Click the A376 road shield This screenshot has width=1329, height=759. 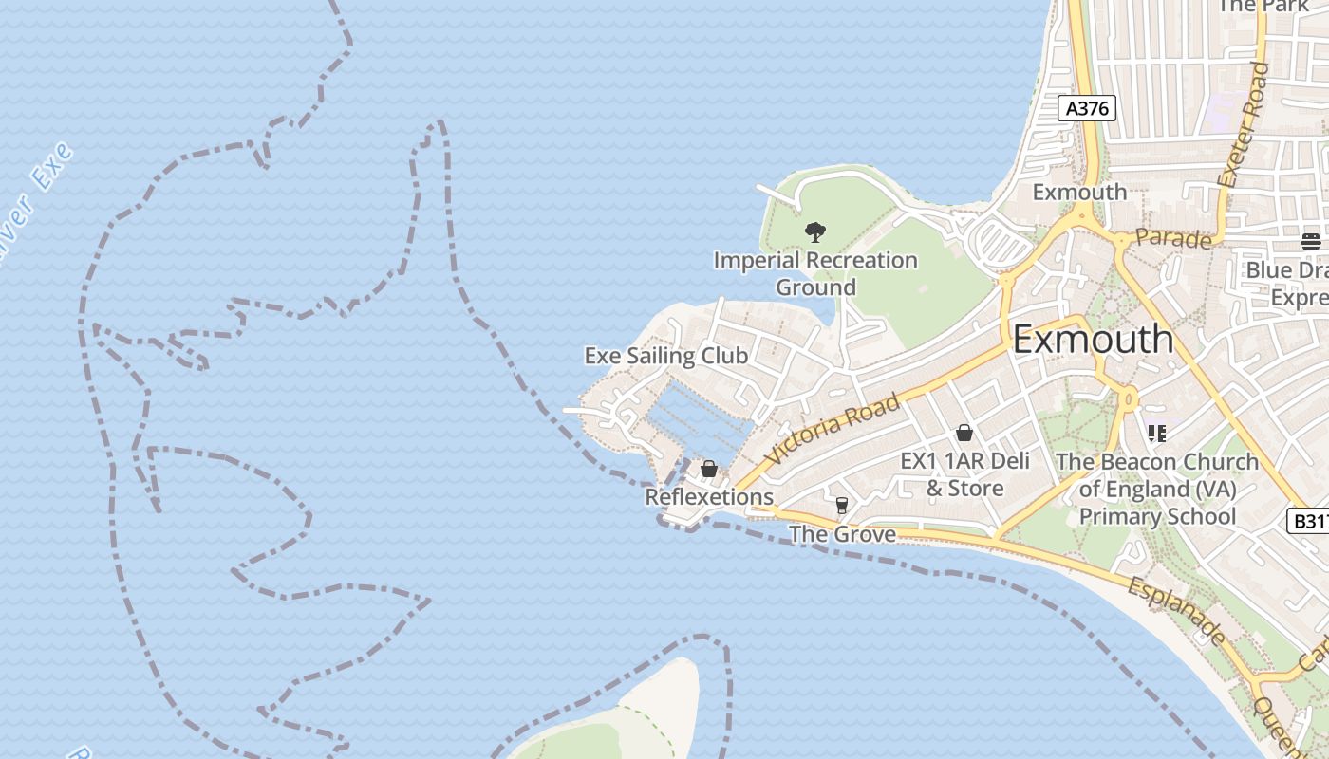coord(1087,108)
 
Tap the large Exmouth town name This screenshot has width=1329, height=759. coord(1093,339)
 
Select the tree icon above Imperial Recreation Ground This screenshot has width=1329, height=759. coord(814,231)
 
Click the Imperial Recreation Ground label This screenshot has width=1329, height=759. coord(815,273)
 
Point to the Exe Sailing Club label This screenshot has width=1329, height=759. coord(665,356)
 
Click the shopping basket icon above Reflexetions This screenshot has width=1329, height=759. coord(708,469)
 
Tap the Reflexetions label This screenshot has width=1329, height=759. coord(709,496)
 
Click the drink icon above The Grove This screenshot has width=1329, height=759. coord(841,505)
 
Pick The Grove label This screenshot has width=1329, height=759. coord(842,534)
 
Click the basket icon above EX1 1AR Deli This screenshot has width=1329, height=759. coord(964,433)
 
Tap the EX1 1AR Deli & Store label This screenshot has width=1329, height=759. coord(964,474)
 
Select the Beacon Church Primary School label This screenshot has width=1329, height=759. coord(1157,489)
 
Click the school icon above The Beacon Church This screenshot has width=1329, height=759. coord(1156,434)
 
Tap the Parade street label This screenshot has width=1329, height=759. coord(1173,237)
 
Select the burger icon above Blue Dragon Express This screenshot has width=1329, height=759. coord(1311,241)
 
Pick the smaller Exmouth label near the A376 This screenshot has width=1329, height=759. coord(1079,192)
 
